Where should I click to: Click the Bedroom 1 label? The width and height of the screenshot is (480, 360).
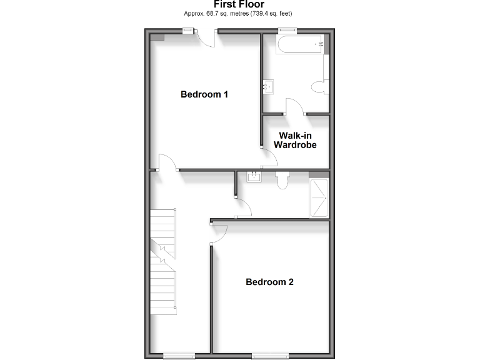pos(204,94)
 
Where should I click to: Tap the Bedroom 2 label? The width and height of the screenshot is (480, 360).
pos(269,282)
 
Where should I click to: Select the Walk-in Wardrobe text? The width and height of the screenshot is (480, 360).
pos(295,140)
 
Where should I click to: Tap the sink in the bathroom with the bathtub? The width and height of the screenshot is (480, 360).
pos(269,86)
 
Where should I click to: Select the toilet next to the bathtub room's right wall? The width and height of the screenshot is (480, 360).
pos(320,87)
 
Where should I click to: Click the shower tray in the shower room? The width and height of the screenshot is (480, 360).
pos(319,197)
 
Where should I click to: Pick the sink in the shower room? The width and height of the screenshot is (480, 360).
pos(255,177)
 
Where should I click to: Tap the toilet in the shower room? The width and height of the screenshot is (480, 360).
pos(281,180)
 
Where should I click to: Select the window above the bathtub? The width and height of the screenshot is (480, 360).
pos(287,31)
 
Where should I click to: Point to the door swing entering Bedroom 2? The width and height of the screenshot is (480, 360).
pos(218,234)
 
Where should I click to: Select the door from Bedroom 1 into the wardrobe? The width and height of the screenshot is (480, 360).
pos(269,157)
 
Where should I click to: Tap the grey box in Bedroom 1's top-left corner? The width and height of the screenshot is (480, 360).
pos(157,36)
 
